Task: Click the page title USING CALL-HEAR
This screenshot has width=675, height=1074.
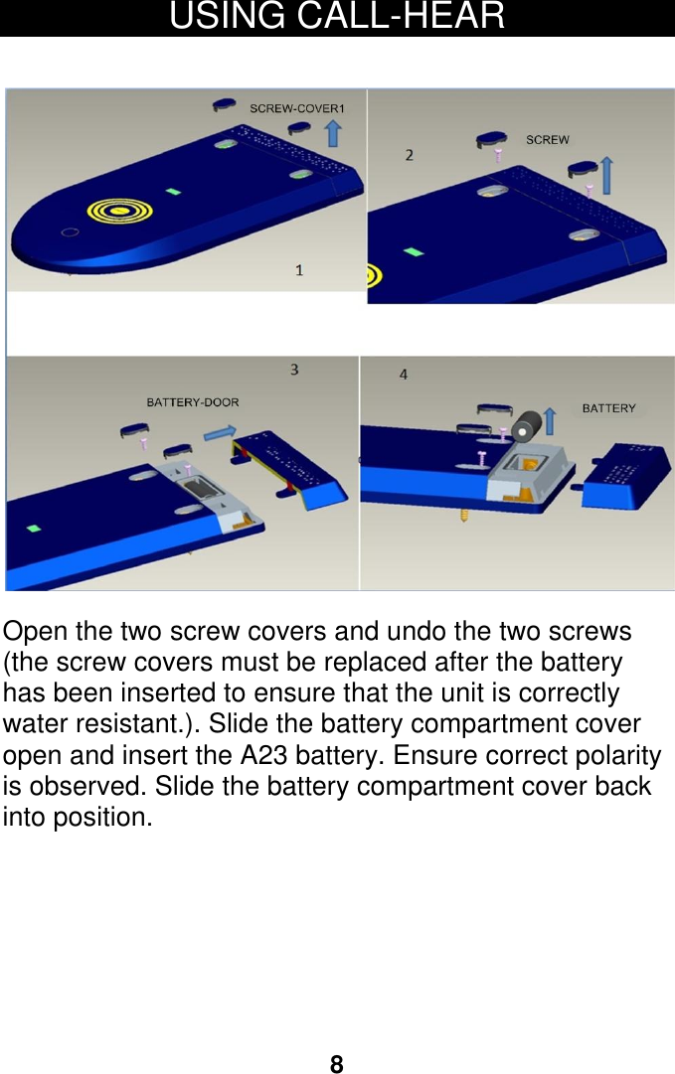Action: tap(337, 17)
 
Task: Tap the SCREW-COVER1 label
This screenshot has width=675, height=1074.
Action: tap(296, 108)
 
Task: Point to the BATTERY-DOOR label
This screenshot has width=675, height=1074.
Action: tap(193, 402)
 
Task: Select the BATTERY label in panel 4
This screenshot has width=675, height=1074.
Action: tap(608, 408)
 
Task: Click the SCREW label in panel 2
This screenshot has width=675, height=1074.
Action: tap(548, 140)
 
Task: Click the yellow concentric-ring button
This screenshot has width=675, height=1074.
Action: tap(119, 210)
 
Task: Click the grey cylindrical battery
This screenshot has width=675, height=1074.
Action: tap(527, 425)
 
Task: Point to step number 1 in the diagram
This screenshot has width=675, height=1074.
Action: tap(300, 268)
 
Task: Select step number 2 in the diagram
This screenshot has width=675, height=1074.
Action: tap(410, 154)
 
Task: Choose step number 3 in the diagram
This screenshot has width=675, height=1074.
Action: tap(295, 370)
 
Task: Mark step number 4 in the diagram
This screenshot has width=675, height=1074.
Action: tap(403, 375)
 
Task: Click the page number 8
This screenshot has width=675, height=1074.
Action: tap(337, 1064)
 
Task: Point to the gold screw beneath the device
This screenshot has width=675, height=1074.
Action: tap(464, 517)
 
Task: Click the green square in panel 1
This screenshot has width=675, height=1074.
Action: tap(174, 190)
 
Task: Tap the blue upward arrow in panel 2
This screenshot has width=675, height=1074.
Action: tap(605, 174)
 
